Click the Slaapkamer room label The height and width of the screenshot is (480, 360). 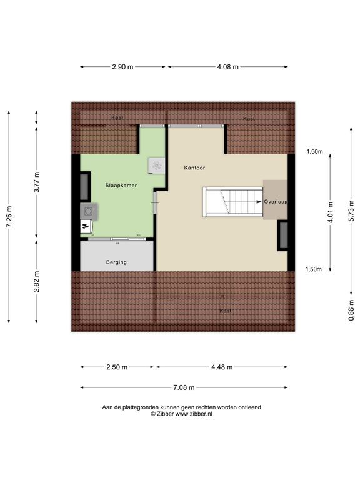tap(121, 185)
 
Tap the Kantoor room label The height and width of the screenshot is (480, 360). tap(194, 167)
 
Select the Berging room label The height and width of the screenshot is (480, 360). tap(116, 262)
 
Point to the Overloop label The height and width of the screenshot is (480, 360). tap(276, 202)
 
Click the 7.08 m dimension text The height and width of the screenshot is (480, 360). tap(184, 387)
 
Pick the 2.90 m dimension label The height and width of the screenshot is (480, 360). tap(122, 67)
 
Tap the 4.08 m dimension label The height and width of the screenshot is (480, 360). tap(227, 67)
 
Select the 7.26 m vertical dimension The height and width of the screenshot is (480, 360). tap(9, 217)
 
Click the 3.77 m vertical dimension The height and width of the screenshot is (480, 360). tap(36, 182)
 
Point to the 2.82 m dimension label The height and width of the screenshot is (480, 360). tap(36, 281)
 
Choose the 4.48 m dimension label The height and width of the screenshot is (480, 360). tap(222, 367)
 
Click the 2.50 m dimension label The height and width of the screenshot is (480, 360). tap(117, 367)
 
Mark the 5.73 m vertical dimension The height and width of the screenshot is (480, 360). tap(351, 210)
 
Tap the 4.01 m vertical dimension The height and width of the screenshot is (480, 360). tap(330, 212)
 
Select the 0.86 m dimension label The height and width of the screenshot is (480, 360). tap(351, 311)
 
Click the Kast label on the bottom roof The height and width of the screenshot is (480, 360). tap(226, 311)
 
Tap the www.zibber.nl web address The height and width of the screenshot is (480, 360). tap(194, 414)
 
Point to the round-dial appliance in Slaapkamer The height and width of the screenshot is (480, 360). tap(89, 211)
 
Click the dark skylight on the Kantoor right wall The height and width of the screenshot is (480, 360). tap(284, 236)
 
